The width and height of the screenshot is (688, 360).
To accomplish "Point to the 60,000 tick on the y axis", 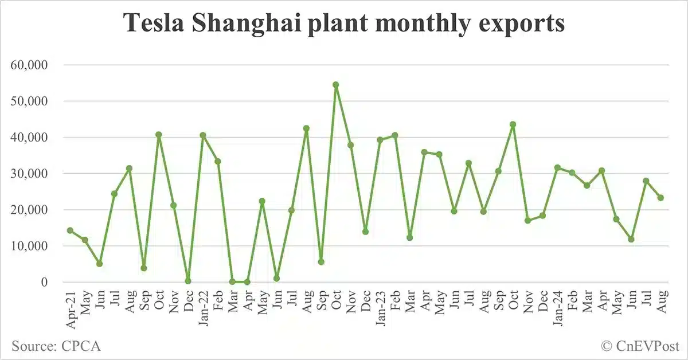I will click(30, 65).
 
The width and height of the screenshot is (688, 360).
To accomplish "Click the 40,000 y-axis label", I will click(30, 138).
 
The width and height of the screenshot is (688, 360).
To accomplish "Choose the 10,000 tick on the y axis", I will click(30, 246).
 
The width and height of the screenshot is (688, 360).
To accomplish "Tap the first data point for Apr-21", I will click(70, 230).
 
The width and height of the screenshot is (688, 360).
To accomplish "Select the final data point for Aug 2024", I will click(660, 198).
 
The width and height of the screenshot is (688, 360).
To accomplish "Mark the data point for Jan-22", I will click(203, 135).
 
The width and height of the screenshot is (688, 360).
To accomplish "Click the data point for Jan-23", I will click(380, 139).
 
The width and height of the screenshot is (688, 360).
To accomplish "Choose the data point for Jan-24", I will click(557, 167).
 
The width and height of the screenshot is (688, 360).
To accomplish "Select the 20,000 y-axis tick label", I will click(30, 210).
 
